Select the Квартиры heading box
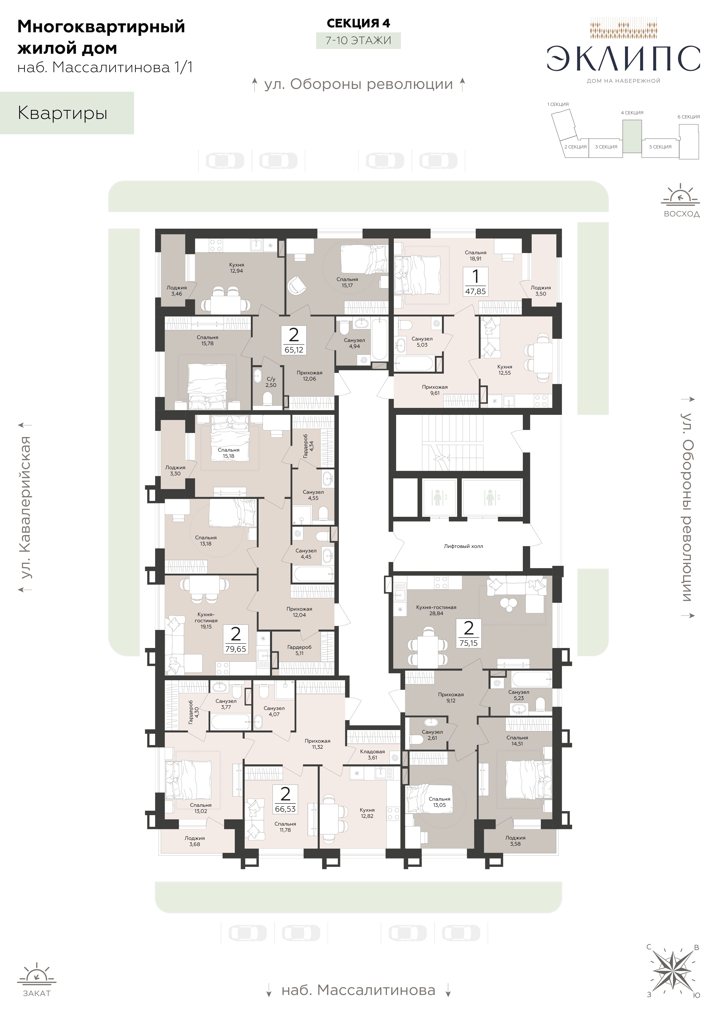(67, 113)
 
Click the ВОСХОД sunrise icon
(681, 195)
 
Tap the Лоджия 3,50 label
(541, 290)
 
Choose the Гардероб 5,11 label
(299, 650)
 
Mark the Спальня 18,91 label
(476, 255)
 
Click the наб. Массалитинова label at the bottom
(358, 990)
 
